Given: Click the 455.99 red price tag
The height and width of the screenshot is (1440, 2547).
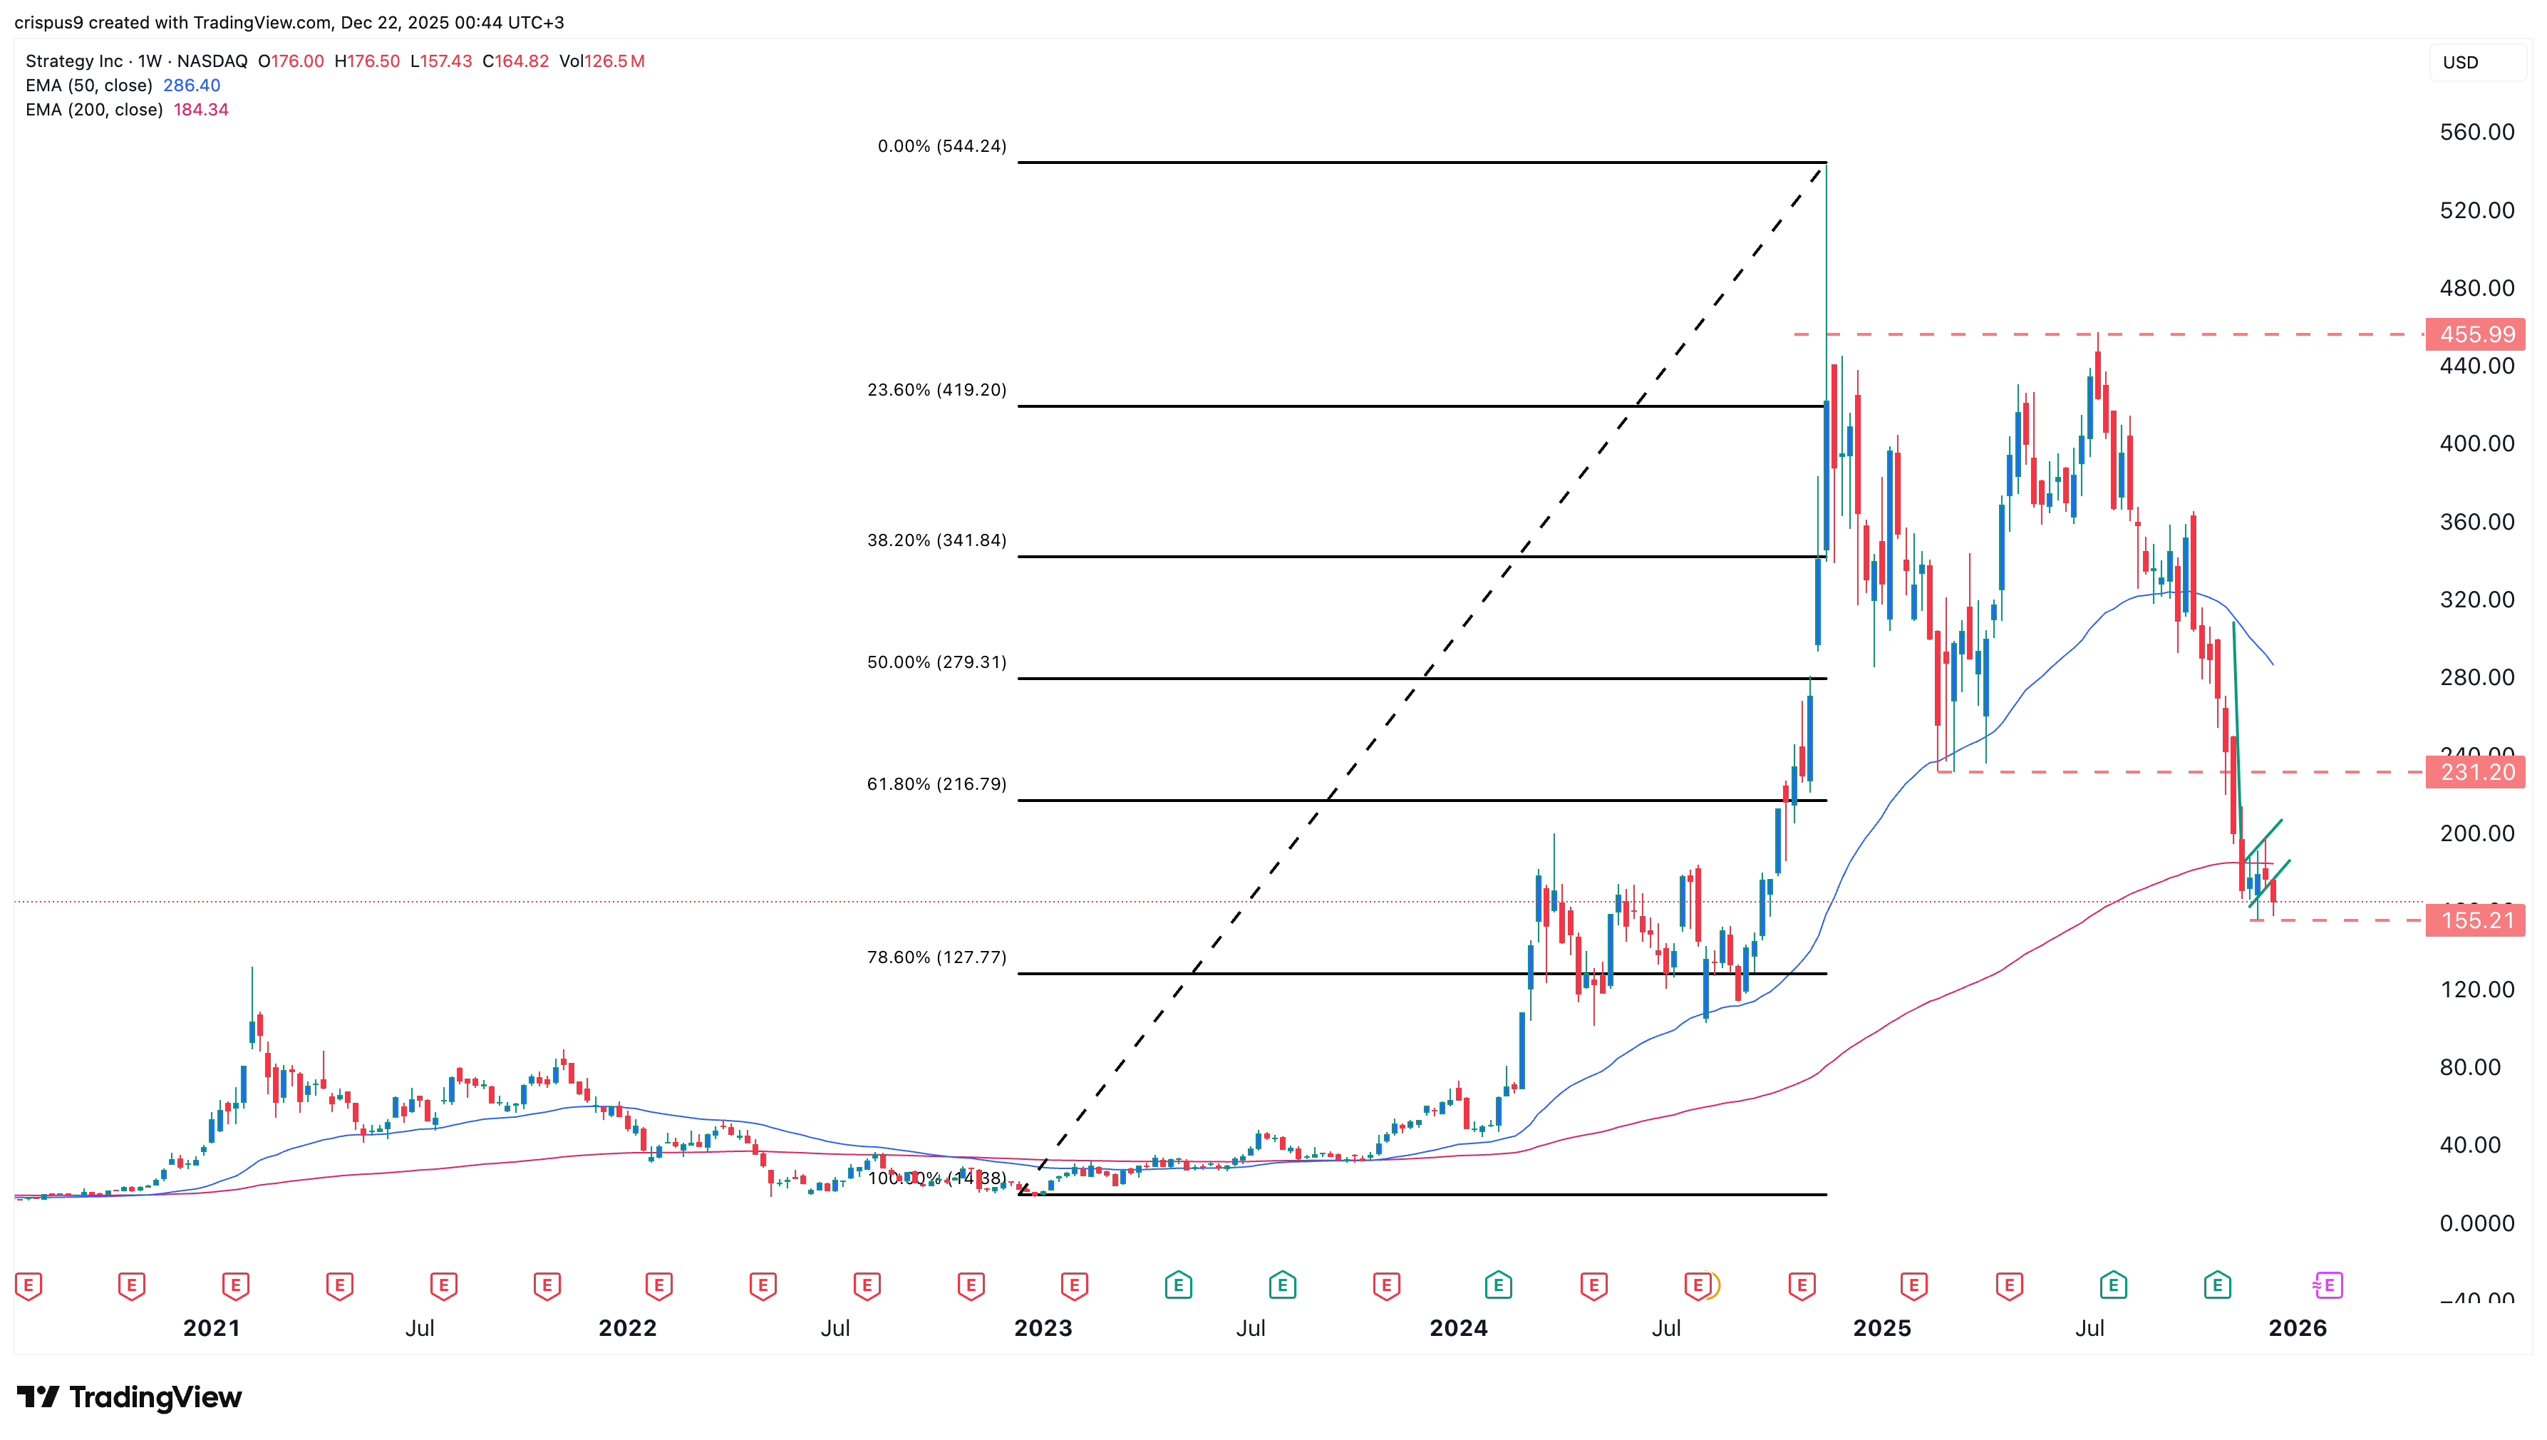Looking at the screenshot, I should tap(2476, 334).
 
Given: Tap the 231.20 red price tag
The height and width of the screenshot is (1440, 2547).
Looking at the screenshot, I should tap(2476, 771).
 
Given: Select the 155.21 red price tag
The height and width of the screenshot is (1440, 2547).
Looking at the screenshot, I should tap(2476, 921).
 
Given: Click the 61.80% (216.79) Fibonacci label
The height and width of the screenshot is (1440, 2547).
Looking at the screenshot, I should tap(936, 784).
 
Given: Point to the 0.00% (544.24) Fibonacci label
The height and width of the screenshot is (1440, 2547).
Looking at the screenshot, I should tap(941, 146).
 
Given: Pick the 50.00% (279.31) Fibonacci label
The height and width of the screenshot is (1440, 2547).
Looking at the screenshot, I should tap(936, 663).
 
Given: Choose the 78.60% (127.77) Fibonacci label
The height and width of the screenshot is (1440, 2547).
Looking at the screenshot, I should tap(936, 957).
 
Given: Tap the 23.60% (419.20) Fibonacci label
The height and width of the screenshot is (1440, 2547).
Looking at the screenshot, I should tap(936, 390).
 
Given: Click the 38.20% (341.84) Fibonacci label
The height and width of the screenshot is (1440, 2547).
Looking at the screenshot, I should tap(936, 540).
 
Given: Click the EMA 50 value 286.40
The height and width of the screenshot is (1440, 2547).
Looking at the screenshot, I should tap(192, 85).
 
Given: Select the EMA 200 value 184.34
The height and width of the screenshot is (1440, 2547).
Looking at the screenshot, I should tap(201, 110).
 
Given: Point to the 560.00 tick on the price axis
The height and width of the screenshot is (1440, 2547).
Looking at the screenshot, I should tap(2476, 133).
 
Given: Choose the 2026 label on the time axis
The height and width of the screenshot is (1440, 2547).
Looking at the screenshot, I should tap(2297, 1328).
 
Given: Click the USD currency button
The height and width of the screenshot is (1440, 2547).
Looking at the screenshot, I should tap(2460, 62).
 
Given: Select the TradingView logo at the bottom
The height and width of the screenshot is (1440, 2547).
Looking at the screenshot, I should tap(130, 1397).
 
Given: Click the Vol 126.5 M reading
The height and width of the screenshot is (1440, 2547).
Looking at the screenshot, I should tap(602, 61).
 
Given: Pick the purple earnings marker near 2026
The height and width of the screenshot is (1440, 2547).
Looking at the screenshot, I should tap(2328, 1286).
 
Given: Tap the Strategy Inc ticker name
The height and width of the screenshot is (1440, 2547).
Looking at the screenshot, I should tap(74, 61).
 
